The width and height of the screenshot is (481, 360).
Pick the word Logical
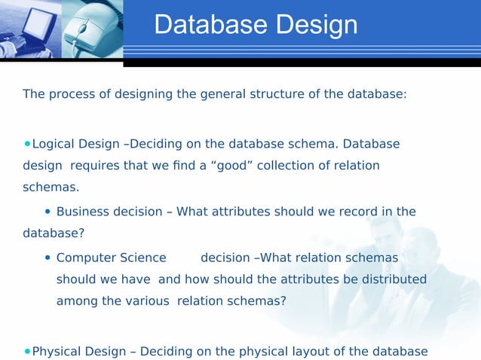54,144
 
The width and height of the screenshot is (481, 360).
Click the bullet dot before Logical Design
28,143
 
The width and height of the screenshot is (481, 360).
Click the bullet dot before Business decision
48,212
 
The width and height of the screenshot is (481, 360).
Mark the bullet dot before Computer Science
48,258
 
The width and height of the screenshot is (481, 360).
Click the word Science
133,258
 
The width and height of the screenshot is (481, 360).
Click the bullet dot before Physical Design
28,350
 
